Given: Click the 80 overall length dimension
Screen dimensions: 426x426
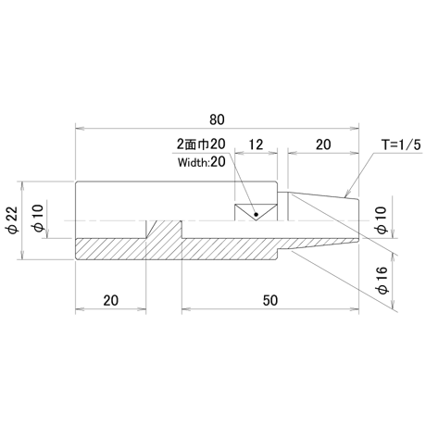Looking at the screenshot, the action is click(x=217, y=119).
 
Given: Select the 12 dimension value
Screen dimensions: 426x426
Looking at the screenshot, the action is click(x=256, y=144).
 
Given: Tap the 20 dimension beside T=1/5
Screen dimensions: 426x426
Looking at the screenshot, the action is click(x=323, y=144).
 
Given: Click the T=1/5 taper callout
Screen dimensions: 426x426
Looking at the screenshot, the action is click(x=401, y=144).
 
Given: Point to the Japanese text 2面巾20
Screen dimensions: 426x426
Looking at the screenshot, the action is click(x=201, y=144).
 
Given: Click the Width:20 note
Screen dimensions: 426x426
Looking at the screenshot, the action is click(x=202, y=162).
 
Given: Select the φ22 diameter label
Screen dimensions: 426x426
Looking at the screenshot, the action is click(x=13, y=220).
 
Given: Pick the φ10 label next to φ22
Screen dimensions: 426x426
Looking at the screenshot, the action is click(x=37, y=219).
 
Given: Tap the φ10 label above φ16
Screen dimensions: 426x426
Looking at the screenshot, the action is click(x=382, y=220).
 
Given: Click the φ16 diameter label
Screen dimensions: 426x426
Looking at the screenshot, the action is click(x=382, y=280).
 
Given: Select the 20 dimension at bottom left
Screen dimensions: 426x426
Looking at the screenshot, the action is click(x=110, y=300).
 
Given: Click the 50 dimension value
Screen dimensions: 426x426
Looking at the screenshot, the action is click(x=270, y=300).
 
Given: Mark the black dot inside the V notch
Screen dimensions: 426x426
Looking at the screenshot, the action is click(x=256, y=214).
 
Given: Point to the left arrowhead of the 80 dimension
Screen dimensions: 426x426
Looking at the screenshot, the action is click(x=79, y=128).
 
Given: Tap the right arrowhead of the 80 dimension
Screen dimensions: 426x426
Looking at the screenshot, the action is click(x=356, y=128).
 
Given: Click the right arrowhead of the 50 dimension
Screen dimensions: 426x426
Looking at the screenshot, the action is click(x=356, y=308).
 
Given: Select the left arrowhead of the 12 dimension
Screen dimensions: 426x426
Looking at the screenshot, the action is click(x=238, y=152).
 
